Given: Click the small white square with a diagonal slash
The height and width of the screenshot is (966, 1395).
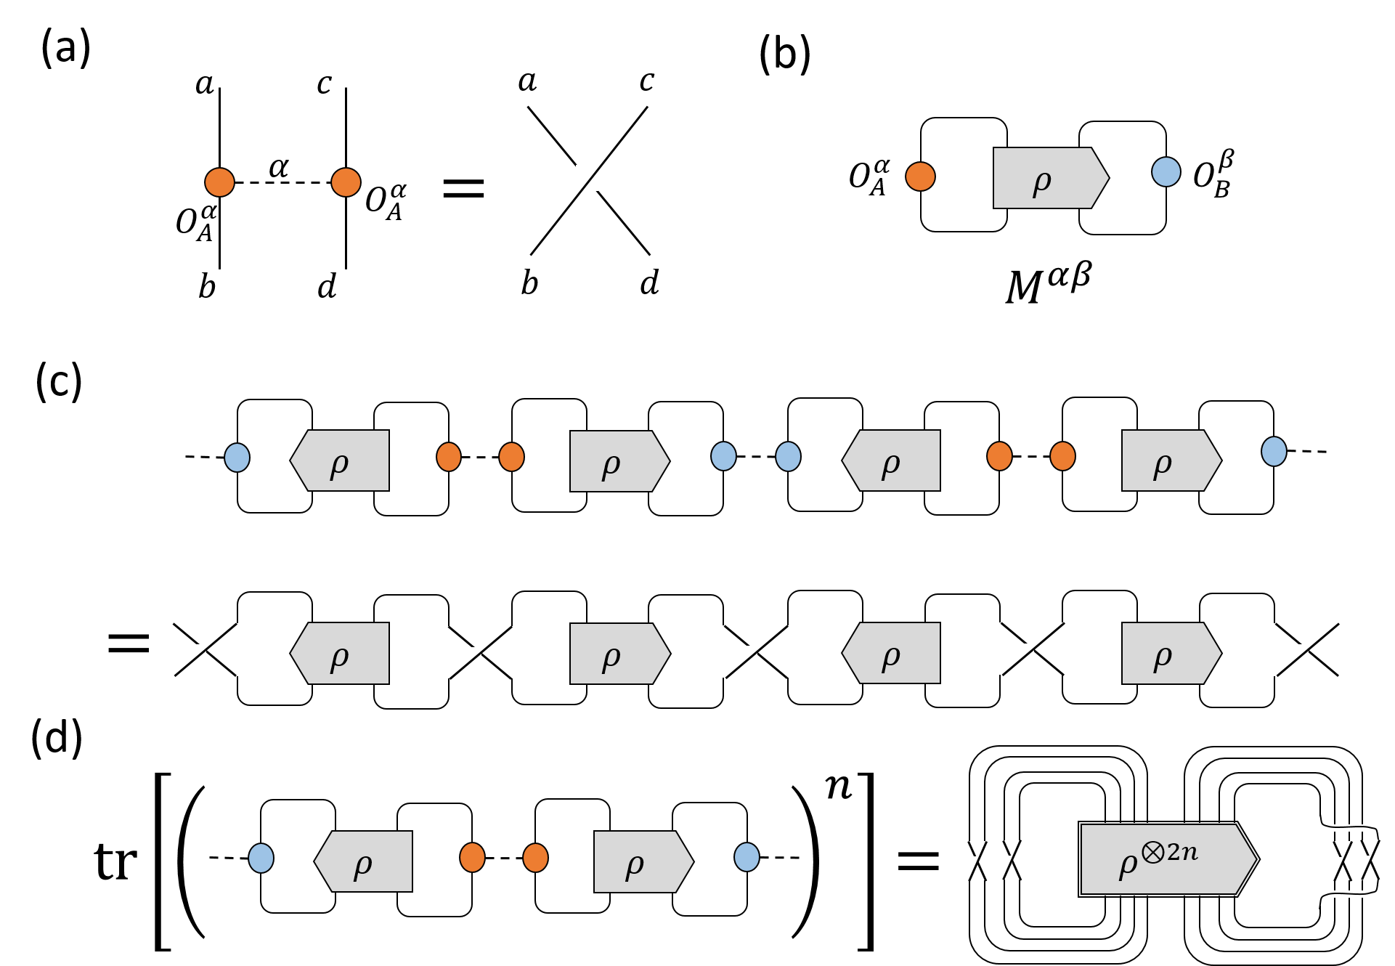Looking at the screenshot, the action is (x=587, y=178).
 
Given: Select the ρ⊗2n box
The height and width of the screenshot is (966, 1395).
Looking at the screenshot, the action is (x=1168, y=859).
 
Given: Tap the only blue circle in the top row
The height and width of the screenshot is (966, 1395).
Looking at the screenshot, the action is (x=1166, y=172).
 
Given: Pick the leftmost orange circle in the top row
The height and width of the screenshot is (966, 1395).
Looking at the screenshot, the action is (x=219, y=182).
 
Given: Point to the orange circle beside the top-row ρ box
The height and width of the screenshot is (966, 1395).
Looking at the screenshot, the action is (x=920, y=176).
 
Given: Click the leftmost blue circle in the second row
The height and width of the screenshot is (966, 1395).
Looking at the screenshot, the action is (x=237, y=458).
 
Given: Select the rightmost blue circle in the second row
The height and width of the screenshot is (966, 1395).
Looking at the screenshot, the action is (x=1274, y=452).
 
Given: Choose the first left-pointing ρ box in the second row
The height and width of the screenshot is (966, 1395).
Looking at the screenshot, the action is (x=341, y=460).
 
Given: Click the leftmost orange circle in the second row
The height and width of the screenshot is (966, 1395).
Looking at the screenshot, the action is (x=449, y=457).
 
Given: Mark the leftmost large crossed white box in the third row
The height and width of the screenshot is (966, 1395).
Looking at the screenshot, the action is (x=202, y=649).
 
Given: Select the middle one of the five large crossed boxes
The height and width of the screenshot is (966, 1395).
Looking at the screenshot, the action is (x=753, y=652).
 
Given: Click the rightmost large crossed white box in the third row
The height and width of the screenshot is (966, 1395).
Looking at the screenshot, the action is (x=1304, y=649).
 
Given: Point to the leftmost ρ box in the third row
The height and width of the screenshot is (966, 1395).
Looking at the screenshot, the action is (x=341, y=653).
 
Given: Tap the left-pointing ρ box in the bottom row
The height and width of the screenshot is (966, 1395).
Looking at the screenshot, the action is (x=364, y=861).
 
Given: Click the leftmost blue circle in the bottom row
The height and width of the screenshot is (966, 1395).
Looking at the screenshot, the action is (x=261, y=858).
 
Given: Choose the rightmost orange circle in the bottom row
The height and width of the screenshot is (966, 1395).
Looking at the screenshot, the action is (x=535, y=858).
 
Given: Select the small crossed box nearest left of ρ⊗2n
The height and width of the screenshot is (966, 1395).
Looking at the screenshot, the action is (x=1011, y=860).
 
